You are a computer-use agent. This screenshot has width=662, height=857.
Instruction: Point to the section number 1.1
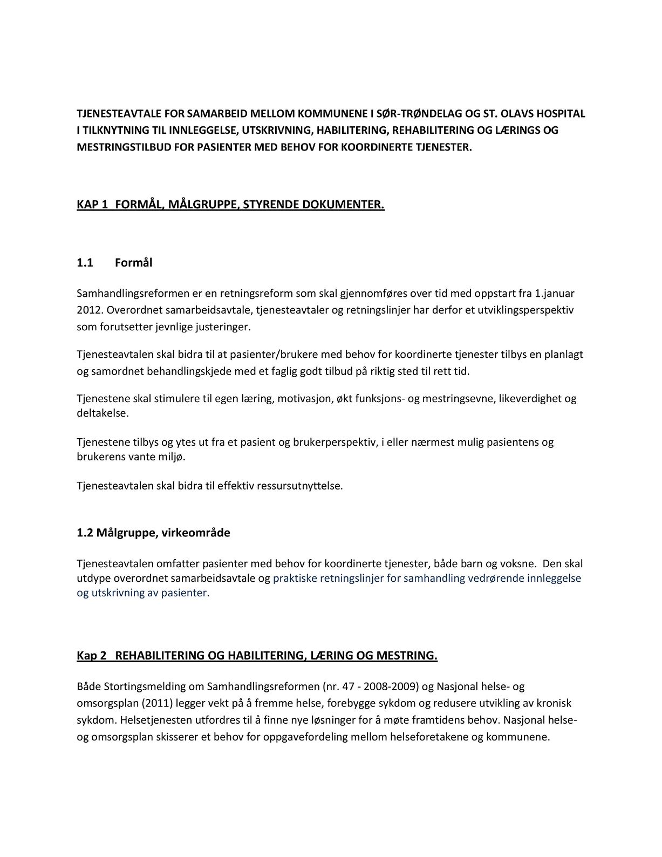tap(85, 263)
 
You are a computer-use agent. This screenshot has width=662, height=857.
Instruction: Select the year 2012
tap(87, 310)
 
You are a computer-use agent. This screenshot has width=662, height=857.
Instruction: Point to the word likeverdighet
tap(530, 399)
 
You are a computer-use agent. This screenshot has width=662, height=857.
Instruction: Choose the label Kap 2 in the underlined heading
tap(91, 656)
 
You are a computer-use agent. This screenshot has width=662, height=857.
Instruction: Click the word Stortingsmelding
tap(140, 687)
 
